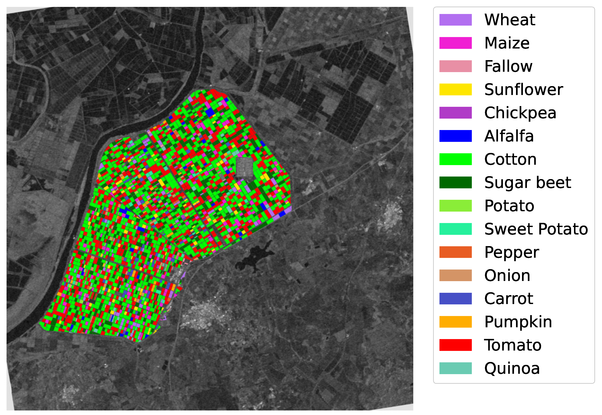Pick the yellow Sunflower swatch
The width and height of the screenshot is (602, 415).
[455, 90]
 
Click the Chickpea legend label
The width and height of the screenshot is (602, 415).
[520, 113]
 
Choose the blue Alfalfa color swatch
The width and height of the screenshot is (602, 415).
[455, 136]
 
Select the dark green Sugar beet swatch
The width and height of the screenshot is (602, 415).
[455, 182]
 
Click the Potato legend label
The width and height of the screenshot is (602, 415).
[509, 206]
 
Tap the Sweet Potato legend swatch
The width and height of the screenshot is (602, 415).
[455, 229]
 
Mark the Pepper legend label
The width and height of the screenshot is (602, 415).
[511, 252]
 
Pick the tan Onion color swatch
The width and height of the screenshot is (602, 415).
[455, 275]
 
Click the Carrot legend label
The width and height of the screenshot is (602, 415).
[509, 299]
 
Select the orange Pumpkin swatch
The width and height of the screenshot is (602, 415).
[455, 322]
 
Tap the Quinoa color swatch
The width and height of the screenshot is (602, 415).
[455, 368]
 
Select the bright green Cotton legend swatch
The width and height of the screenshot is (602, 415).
[455, 159]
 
